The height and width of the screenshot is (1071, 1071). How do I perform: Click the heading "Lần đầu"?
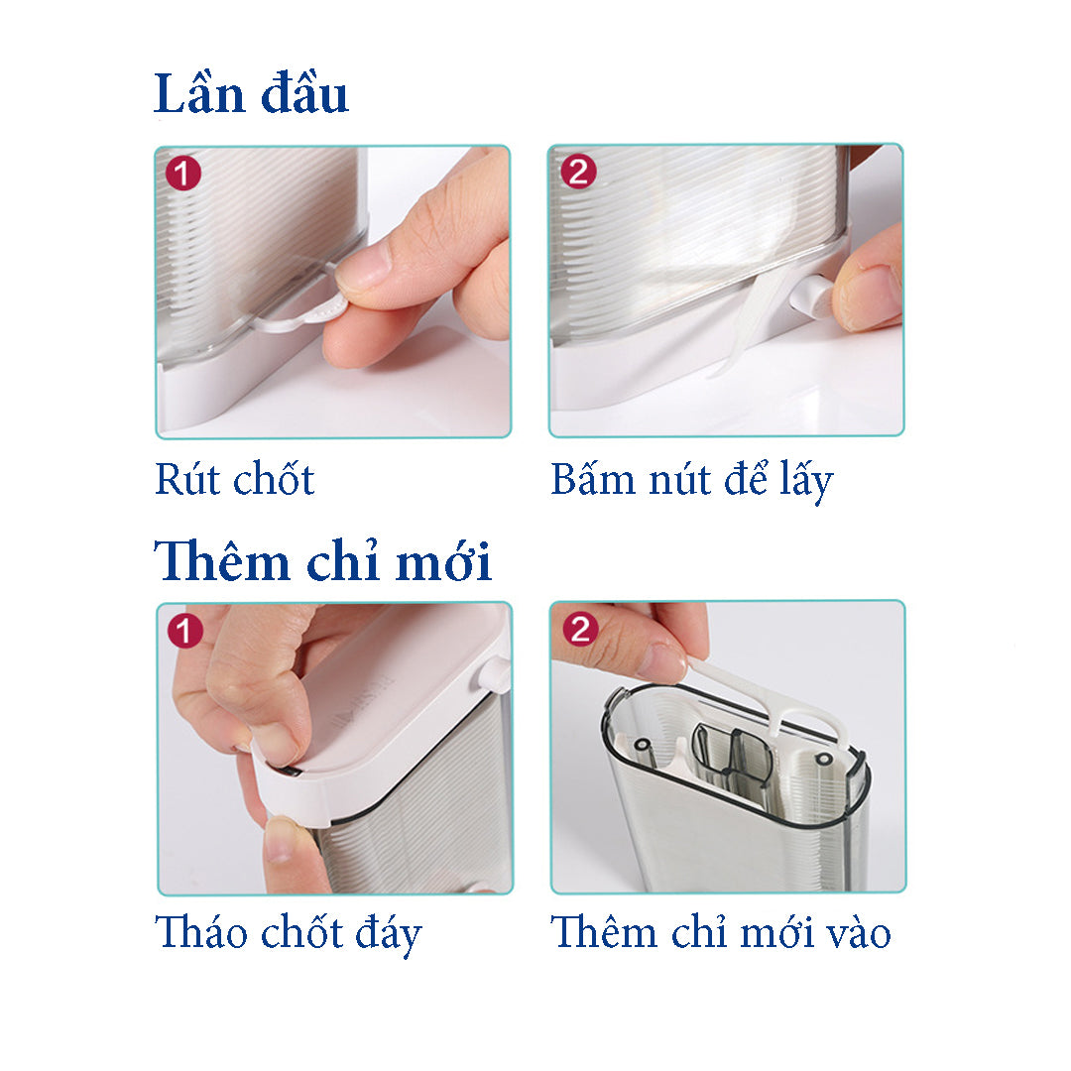[x=251, y=93]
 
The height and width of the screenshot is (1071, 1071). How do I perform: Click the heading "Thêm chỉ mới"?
[x=322, y=560]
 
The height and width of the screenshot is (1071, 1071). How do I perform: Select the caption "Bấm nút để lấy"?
[x=692, y=480]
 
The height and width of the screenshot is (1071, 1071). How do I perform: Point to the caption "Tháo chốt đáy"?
[x=289, y=934]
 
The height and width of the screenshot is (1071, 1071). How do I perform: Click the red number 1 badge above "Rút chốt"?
[x=183, y=174]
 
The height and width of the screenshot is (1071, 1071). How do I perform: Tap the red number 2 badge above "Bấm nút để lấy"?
[x=578, y=172]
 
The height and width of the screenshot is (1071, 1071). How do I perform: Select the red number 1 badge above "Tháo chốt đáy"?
[x=185, y=630]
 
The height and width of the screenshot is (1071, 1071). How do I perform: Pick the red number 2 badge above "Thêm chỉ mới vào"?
[x=580, y=629]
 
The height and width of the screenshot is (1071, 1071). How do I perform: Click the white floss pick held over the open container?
[x=772, y=703]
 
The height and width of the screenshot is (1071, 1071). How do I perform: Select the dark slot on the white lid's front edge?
[x=289, y=772]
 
